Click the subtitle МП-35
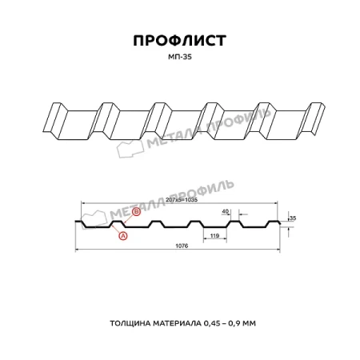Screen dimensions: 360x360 [179, 58]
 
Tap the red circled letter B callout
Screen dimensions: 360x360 [136, 212]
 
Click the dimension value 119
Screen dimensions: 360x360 [214, 237]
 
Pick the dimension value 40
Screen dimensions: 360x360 [226, 211]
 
